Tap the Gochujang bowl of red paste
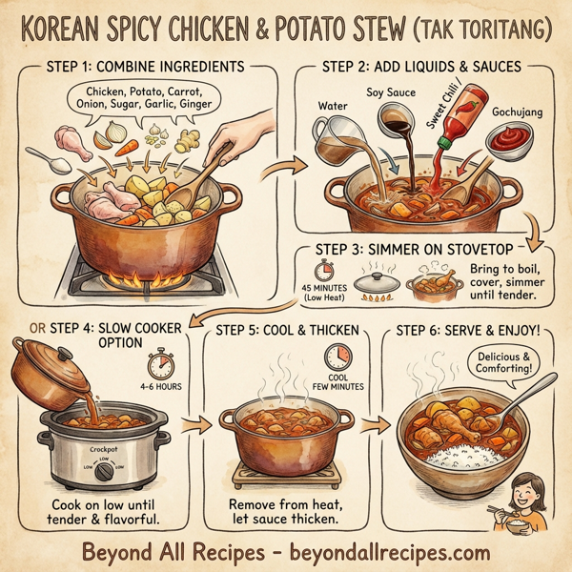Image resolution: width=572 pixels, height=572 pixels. (x=508, y=141)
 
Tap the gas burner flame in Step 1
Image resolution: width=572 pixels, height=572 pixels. (x=153, y=277)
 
